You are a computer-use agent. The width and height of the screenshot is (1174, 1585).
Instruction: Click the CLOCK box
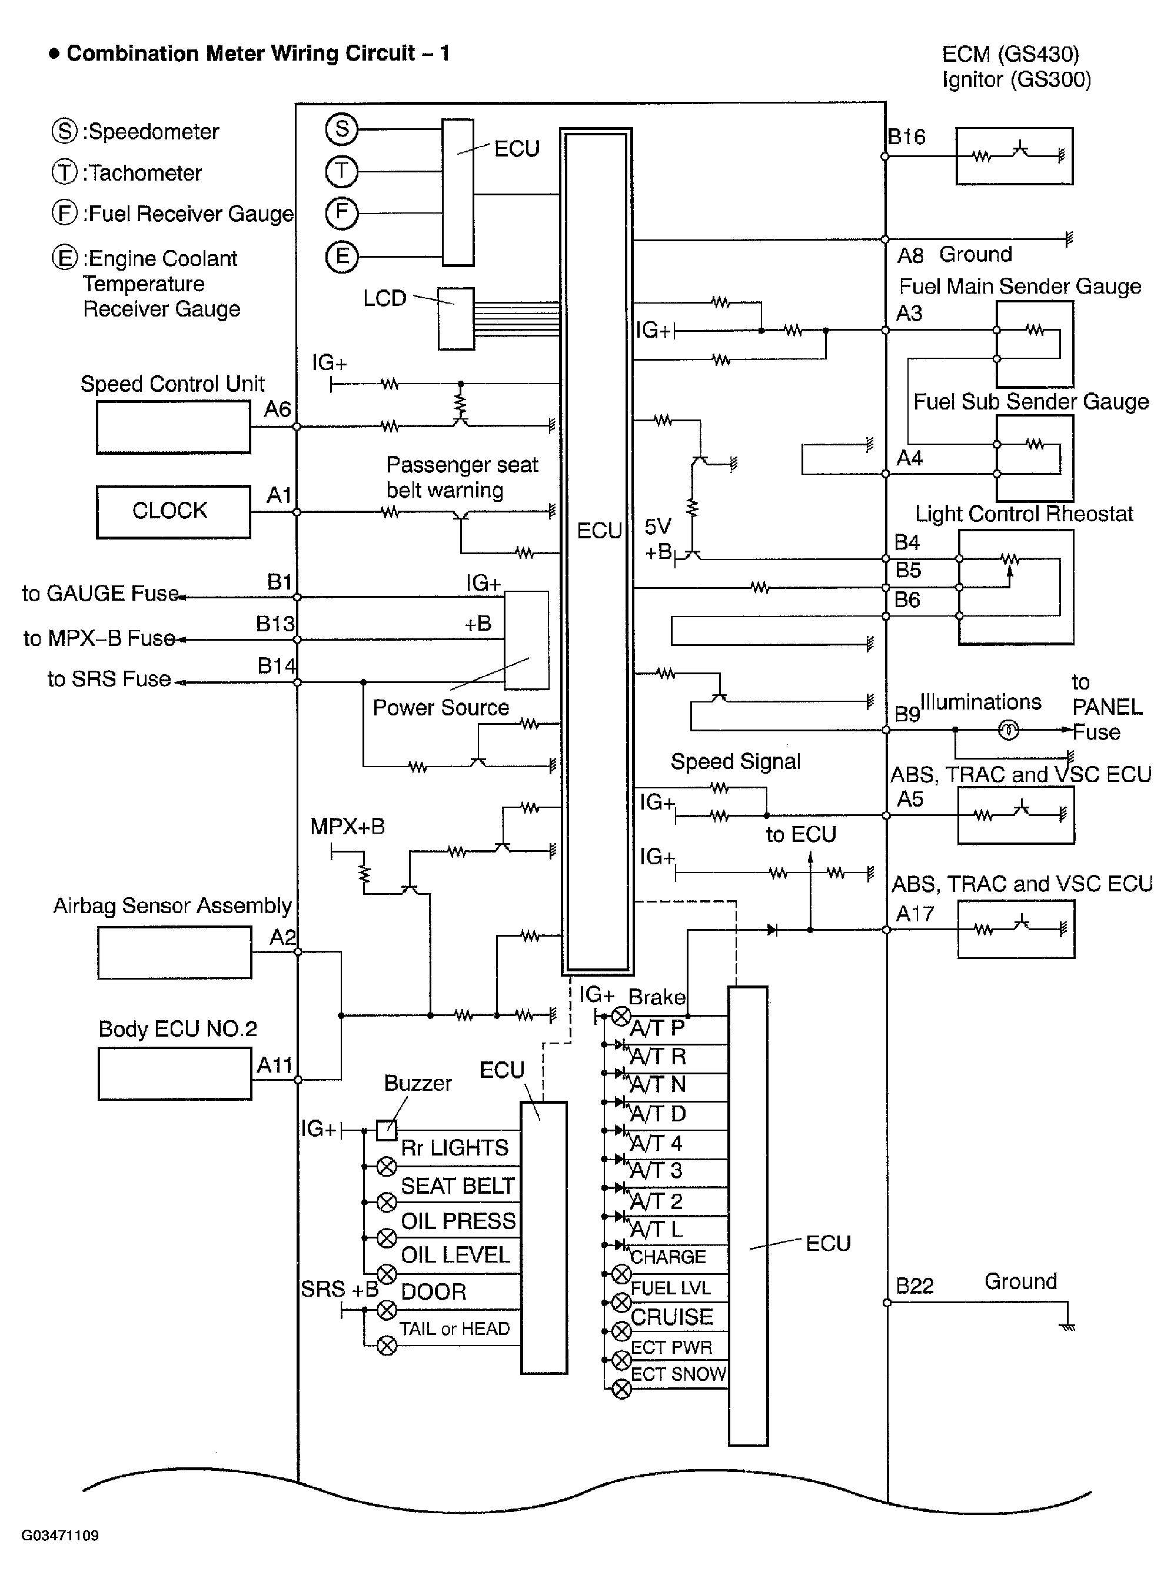pos(172,511)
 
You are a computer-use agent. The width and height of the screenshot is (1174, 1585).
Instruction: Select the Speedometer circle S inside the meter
pos(342,129)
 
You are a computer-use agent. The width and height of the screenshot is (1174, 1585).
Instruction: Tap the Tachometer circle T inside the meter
pos(342,171)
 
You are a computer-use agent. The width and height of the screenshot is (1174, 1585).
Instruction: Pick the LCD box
pos(455,318)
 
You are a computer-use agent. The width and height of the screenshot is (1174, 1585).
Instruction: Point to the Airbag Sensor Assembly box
pos(174,953)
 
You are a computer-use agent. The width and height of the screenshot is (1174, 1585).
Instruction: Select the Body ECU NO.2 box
pos(174,1074)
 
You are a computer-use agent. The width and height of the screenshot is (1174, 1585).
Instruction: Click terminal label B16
pos(907,137)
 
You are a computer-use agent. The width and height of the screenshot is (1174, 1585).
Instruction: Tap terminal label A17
pos(914,914)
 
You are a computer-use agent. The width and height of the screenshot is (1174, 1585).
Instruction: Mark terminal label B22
pos(914,1286)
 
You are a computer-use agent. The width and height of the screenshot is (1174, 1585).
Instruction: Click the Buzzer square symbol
pos(386,1130)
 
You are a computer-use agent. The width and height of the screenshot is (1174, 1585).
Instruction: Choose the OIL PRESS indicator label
pos(458,1221)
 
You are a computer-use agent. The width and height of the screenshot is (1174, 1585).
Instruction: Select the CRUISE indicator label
pos(671,1317)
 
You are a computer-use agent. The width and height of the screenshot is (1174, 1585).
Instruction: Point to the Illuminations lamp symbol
pos(1009,730)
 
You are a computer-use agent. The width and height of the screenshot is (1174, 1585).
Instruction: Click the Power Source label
pos(441,708)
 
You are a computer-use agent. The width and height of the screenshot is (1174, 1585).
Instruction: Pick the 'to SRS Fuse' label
pos(109,679)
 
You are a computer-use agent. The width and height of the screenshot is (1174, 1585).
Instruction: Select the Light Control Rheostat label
pos(1023,514)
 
